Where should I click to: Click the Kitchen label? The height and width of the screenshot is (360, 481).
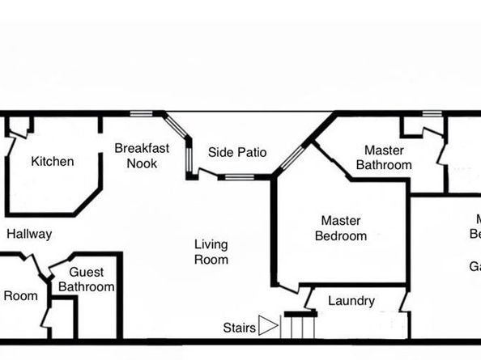tap(52, 162)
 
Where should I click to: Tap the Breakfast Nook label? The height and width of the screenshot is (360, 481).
tap(142, 155)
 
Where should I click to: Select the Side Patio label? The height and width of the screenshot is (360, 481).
tap(237, 153)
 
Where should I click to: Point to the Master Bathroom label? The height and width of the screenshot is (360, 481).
tap(384, 158)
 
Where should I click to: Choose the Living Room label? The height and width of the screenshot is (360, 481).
tap(211, 252)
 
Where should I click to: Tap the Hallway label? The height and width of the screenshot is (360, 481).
tap(29, 235)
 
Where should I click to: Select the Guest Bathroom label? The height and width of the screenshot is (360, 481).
tap(86, 280)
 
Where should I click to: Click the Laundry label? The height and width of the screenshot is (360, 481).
tap(351, 302)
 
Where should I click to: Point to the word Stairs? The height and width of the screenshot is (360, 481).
tap(239, 328)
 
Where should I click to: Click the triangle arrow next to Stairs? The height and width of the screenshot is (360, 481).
tap(268, 327)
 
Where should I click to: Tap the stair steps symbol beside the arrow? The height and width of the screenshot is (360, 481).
tap(299, 327)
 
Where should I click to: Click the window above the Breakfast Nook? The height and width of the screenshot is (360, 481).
tap(142, 113)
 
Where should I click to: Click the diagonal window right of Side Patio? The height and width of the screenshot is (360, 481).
tap(292, 159)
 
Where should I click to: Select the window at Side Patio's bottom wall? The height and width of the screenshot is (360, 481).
tap(239, 177)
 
